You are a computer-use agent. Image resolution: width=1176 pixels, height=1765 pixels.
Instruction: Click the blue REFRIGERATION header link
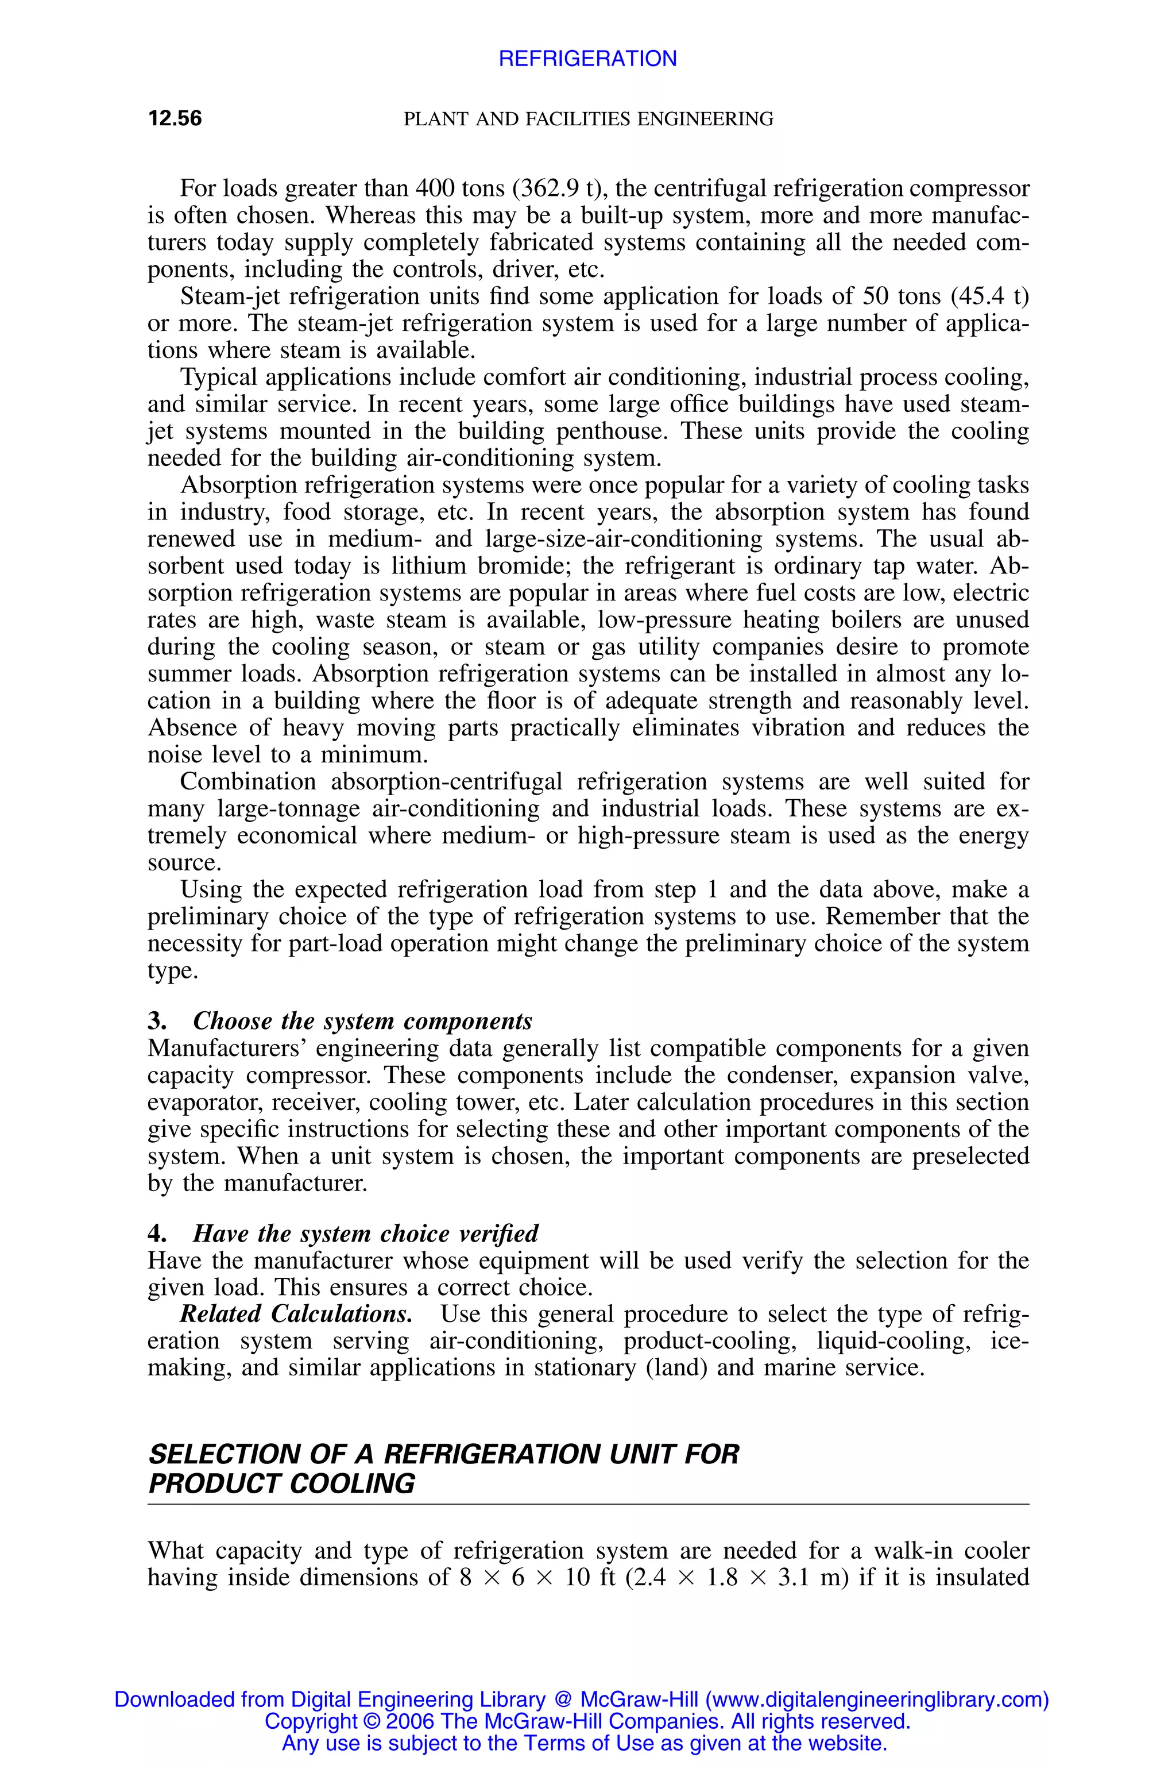(x=587, y=59)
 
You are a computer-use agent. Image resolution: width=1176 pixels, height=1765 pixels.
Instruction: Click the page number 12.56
(x=175, y=118)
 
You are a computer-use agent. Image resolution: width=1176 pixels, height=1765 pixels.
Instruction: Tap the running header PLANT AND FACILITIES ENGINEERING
(x=588, y=118)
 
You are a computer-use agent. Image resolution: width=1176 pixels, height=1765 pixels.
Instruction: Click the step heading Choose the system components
(x=362, y=1022)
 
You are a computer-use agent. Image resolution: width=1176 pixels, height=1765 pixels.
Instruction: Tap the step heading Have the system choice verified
(x=365, y=1234)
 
